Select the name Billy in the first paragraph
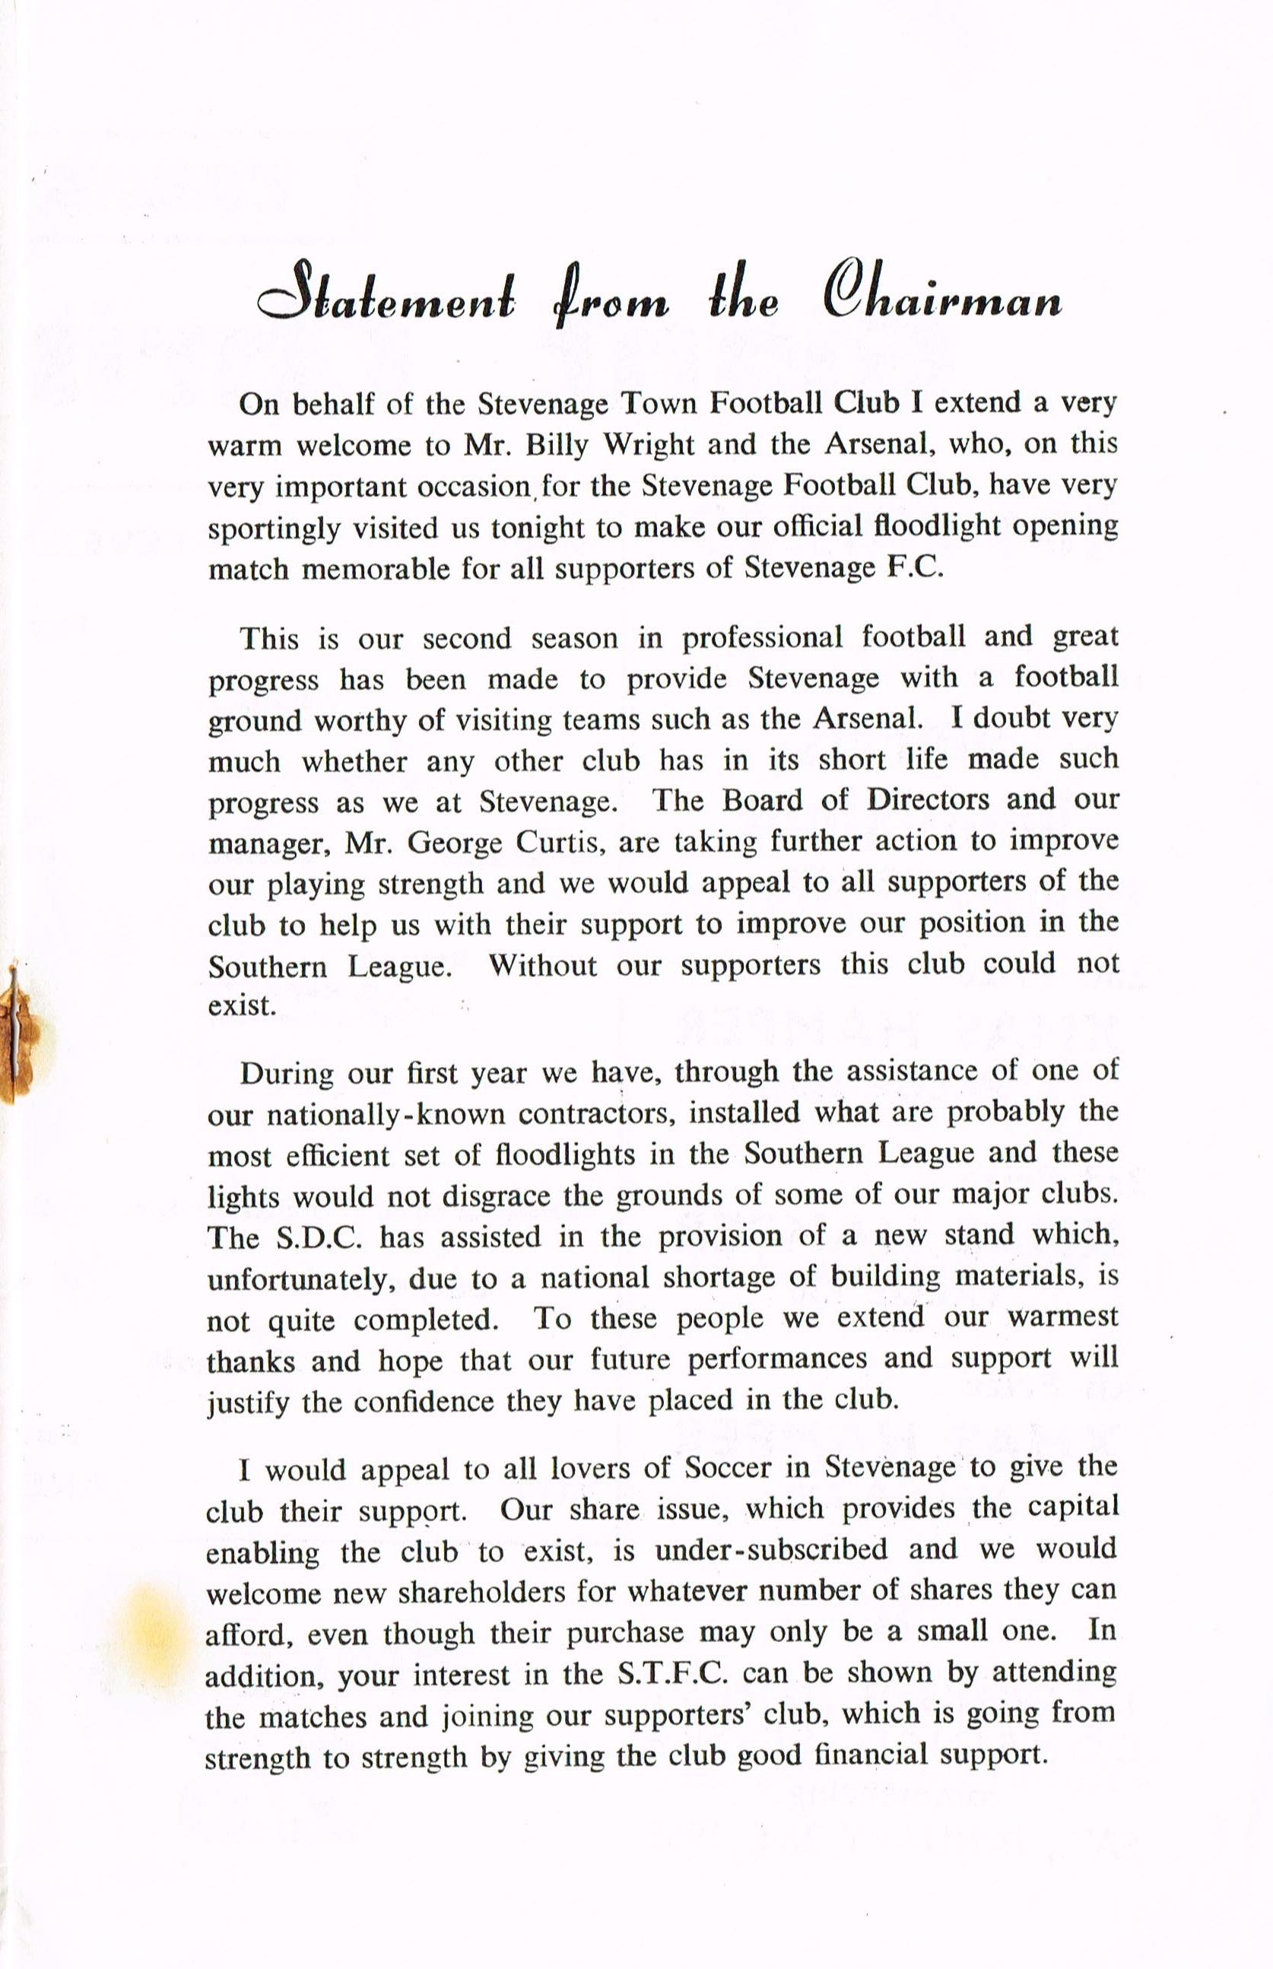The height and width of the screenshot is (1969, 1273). click(x=564, y=446)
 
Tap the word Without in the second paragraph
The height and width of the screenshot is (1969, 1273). click(x=542, y=964)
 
